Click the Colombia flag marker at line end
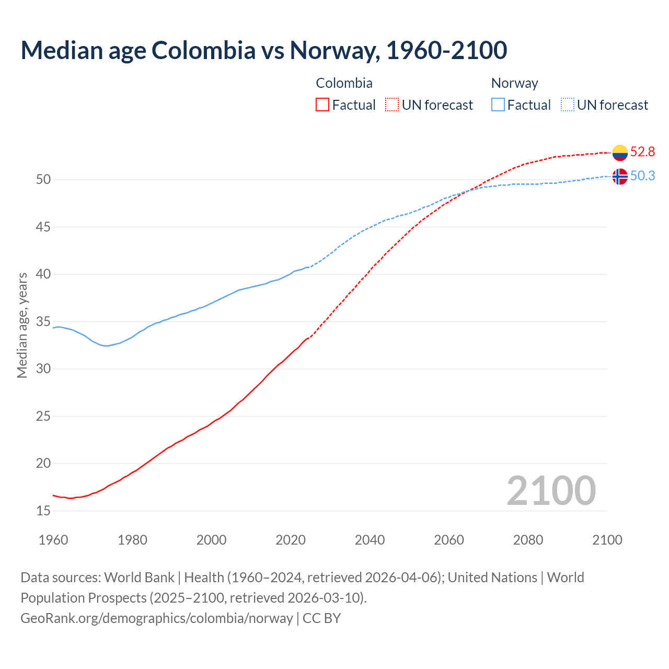tap(619, 153)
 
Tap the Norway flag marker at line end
tap(619, 177)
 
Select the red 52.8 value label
tap(642, 152)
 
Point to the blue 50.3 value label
tap(642, 176)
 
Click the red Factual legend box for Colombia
tap(322, 105)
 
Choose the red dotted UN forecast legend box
tap(392, 105)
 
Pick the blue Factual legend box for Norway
tap(498, 105)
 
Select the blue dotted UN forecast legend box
tap(567, 105)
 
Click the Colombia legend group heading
tap(344, 83)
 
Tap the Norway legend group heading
tap(514, 83)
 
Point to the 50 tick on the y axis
tap(43, 180)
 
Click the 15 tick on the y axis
tap(43, 511)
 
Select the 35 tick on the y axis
tap(43, 321)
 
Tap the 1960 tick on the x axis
tap(53, 540)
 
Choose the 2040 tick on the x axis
tap(370, 540)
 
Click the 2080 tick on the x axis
tap(528, 540)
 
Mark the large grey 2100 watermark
tap(551, 491)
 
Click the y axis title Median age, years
tap(22, 325)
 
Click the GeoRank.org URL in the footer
tap(157, 618)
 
